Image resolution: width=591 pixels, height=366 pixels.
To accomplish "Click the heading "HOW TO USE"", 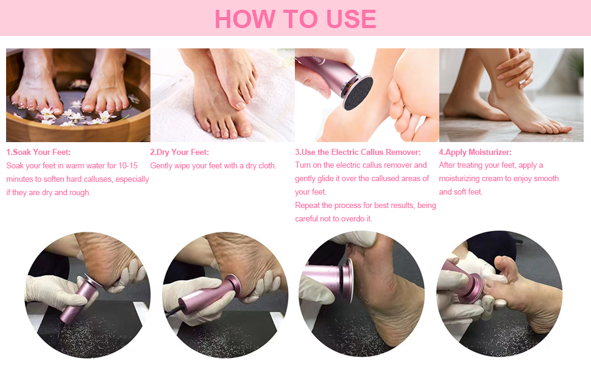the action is tap(295, 19).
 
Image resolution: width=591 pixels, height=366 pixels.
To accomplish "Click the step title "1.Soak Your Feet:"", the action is tap(38, 152).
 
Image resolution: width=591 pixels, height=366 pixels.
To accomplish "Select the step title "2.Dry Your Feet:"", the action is tap(179, 152).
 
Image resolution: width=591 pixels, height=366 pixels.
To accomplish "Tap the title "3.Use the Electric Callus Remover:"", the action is tap(358, 152).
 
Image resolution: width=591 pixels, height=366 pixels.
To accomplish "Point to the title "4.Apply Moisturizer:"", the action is tap(475, 152).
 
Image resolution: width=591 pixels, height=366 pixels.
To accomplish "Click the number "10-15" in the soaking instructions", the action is tap(128, 166).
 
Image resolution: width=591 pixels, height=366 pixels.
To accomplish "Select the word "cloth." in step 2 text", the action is tap(267, 166).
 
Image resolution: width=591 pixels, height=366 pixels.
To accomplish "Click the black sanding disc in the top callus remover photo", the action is tap(357, 93).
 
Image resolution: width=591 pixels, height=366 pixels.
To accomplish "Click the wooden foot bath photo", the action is tap(78, 95).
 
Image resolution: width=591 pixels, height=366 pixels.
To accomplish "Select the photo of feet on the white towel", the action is tap(222, 95).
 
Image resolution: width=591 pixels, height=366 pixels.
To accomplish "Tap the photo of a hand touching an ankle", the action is tap(511, 95).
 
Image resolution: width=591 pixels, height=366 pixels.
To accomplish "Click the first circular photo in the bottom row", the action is tap(88, 295).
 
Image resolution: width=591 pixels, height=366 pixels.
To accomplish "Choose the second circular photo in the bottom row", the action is tap(225, 295).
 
